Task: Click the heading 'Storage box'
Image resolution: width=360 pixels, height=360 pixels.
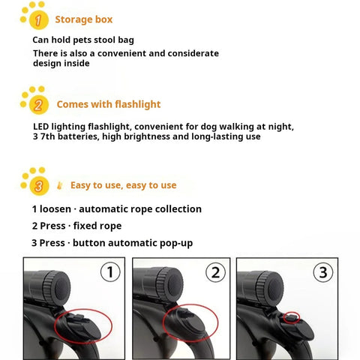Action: click(84, 19)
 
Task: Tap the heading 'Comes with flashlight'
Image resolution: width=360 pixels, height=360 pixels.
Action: click(108, 104)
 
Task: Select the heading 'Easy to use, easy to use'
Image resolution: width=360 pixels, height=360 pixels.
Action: click(123, 184)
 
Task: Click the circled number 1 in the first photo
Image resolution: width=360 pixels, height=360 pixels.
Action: click(109, 271)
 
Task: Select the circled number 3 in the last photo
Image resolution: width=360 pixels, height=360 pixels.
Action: click(322, 271)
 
